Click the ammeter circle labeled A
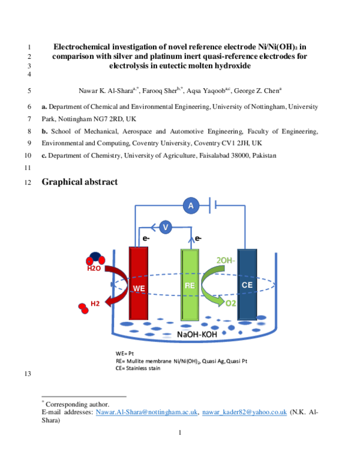point(191,206)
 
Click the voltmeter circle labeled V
point(166,227)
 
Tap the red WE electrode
point(139,283)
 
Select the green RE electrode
point(190,283)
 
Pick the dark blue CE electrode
point(247,283)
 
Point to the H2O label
point(94,268)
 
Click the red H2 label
point(95,304)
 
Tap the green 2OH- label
point(226,260)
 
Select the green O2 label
point(230,304)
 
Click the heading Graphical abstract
point(79,182)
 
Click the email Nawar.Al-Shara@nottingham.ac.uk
point(148,413)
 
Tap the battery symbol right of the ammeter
point(212,206)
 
